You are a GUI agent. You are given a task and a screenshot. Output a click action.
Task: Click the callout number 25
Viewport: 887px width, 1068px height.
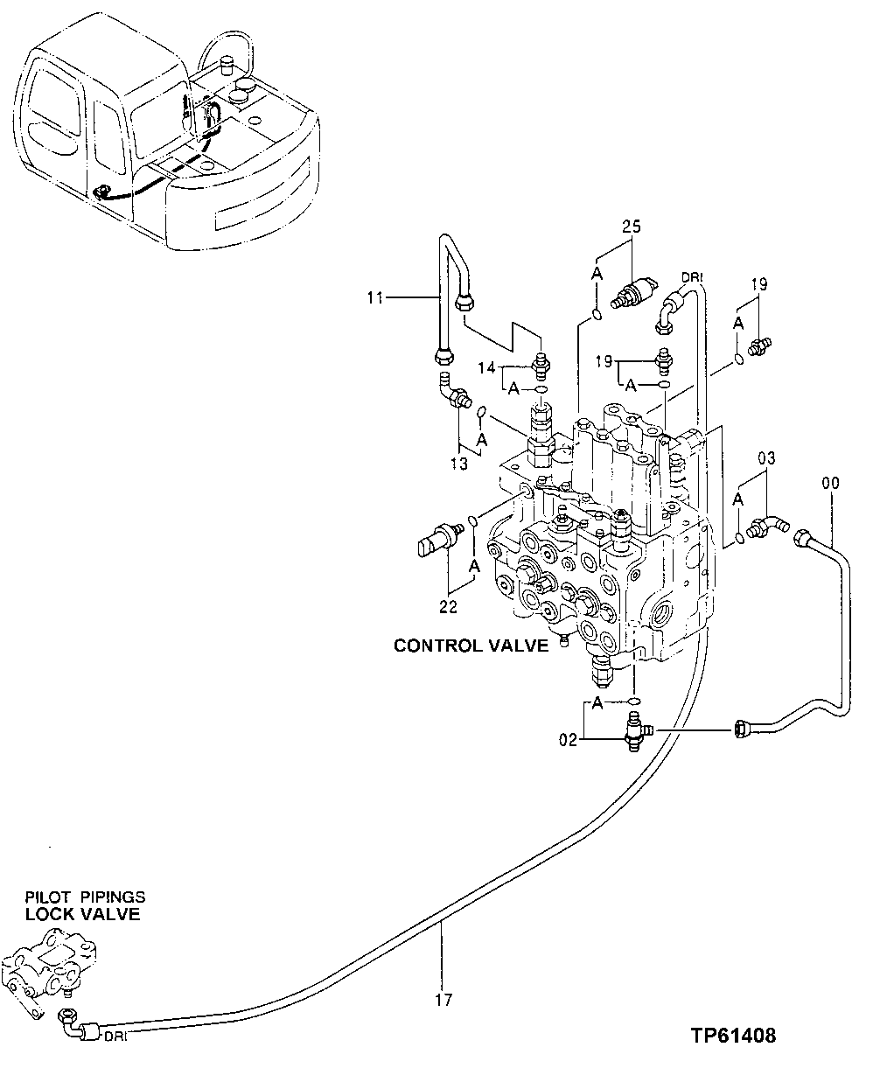click(x=632, y=227)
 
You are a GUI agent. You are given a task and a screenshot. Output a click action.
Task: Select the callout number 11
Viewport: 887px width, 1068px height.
click(x=376, y=298)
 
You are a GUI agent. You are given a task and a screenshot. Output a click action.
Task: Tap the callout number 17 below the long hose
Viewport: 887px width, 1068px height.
click(x=443, y=1000)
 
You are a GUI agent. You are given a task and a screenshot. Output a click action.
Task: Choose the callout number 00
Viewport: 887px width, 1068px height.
click(x=829, y=482)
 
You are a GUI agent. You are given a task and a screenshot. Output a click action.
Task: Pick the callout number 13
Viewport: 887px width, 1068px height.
click(x=459, y=464)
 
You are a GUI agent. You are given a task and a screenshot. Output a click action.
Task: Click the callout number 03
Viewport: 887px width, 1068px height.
click(x=766, y=457)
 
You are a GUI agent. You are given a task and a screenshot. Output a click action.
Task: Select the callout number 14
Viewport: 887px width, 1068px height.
click(x=485, y=368)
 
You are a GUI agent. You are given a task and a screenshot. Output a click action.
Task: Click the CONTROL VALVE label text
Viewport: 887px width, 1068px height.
click(x=471, y=646)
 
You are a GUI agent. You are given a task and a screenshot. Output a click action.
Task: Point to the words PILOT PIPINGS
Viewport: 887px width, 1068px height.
click(x=85, y=897)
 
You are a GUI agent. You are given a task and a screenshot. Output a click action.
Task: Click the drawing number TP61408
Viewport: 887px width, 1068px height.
click(x=731, y=1037)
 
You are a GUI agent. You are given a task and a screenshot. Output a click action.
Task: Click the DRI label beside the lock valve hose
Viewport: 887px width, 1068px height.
click(x=115, y=1037)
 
